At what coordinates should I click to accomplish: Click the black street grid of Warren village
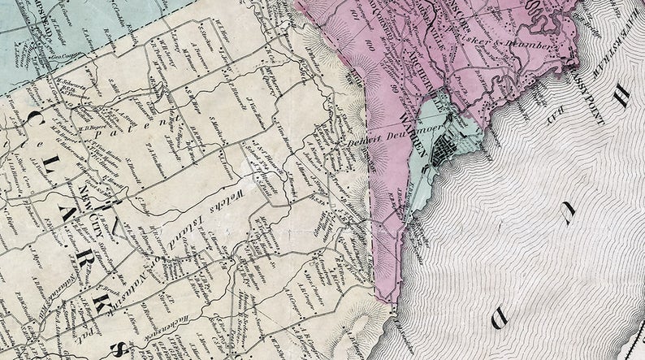pyautogui.click(x=445, y=149)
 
